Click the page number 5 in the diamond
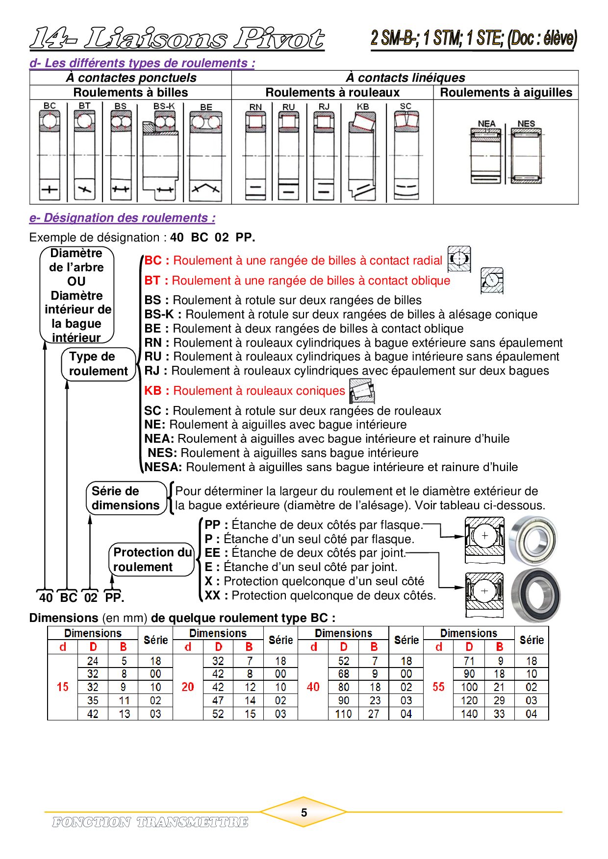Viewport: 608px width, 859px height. point(304,812)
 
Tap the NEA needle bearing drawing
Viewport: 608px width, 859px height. point(486,156)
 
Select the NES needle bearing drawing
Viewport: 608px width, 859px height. point(527,156)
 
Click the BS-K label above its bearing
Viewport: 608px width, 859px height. point(164,106)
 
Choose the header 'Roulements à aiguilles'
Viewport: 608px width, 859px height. point(506,93)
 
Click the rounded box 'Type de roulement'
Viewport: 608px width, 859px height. point(99,364)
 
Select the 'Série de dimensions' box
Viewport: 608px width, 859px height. point(127,498)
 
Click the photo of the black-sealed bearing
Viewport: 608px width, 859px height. point(535,595)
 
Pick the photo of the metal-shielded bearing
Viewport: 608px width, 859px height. point(533,541)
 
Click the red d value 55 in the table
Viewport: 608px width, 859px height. point(438,687)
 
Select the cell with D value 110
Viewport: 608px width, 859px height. point(343,714)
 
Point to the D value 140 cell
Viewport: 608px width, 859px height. point(469,714)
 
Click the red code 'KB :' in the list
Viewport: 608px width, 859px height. point(157,391)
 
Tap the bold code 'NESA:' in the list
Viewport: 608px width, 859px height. point(163,467)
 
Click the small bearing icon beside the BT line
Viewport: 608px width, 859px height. point(492,281)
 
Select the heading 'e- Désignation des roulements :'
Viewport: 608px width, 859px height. point(123,218)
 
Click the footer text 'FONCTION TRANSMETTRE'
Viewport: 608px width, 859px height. point(150,822)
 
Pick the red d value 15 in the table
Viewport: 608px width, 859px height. point(63,687)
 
